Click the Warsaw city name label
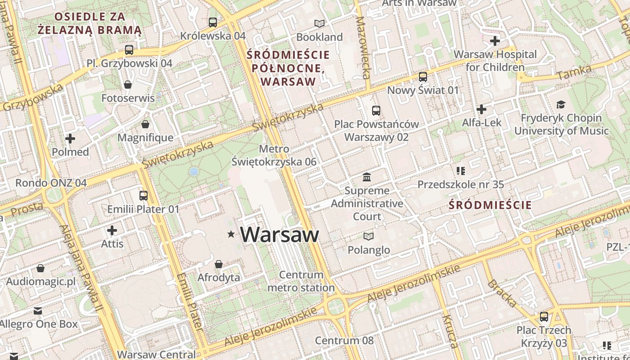click(x=279, y=234)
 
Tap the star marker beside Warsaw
click(x=231, y=234)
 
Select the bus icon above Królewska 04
click(x=213, y=22)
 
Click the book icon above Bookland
click(x=319, y=23)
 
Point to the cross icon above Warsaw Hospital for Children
click(x=495, y=41)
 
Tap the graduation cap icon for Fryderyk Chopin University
click(x=561, y=105)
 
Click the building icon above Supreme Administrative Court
click(x=367, y=177)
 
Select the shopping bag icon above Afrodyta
click(x=219, y=264)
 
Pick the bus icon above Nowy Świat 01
click(x=423, y=77)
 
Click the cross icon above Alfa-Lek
click(x=481, y=109)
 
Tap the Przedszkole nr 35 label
click(x=460, y=184)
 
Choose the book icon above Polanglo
click(x=369, y=236)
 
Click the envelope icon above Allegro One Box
click(x=38, y=311)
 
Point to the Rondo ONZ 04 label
click(x=51, y=183)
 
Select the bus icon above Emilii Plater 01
click(x=143, y=196)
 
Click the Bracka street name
click(x=501, y=293)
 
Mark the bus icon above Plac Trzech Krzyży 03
click(x=544, y=317)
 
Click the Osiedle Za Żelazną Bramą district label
click(x=90, y=23)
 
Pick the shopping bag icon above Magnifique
click(x=145, y=124)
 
